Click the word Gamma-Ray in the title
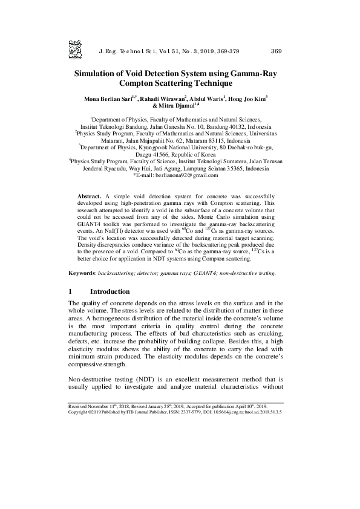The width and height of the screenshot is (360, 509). point(253,72)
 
